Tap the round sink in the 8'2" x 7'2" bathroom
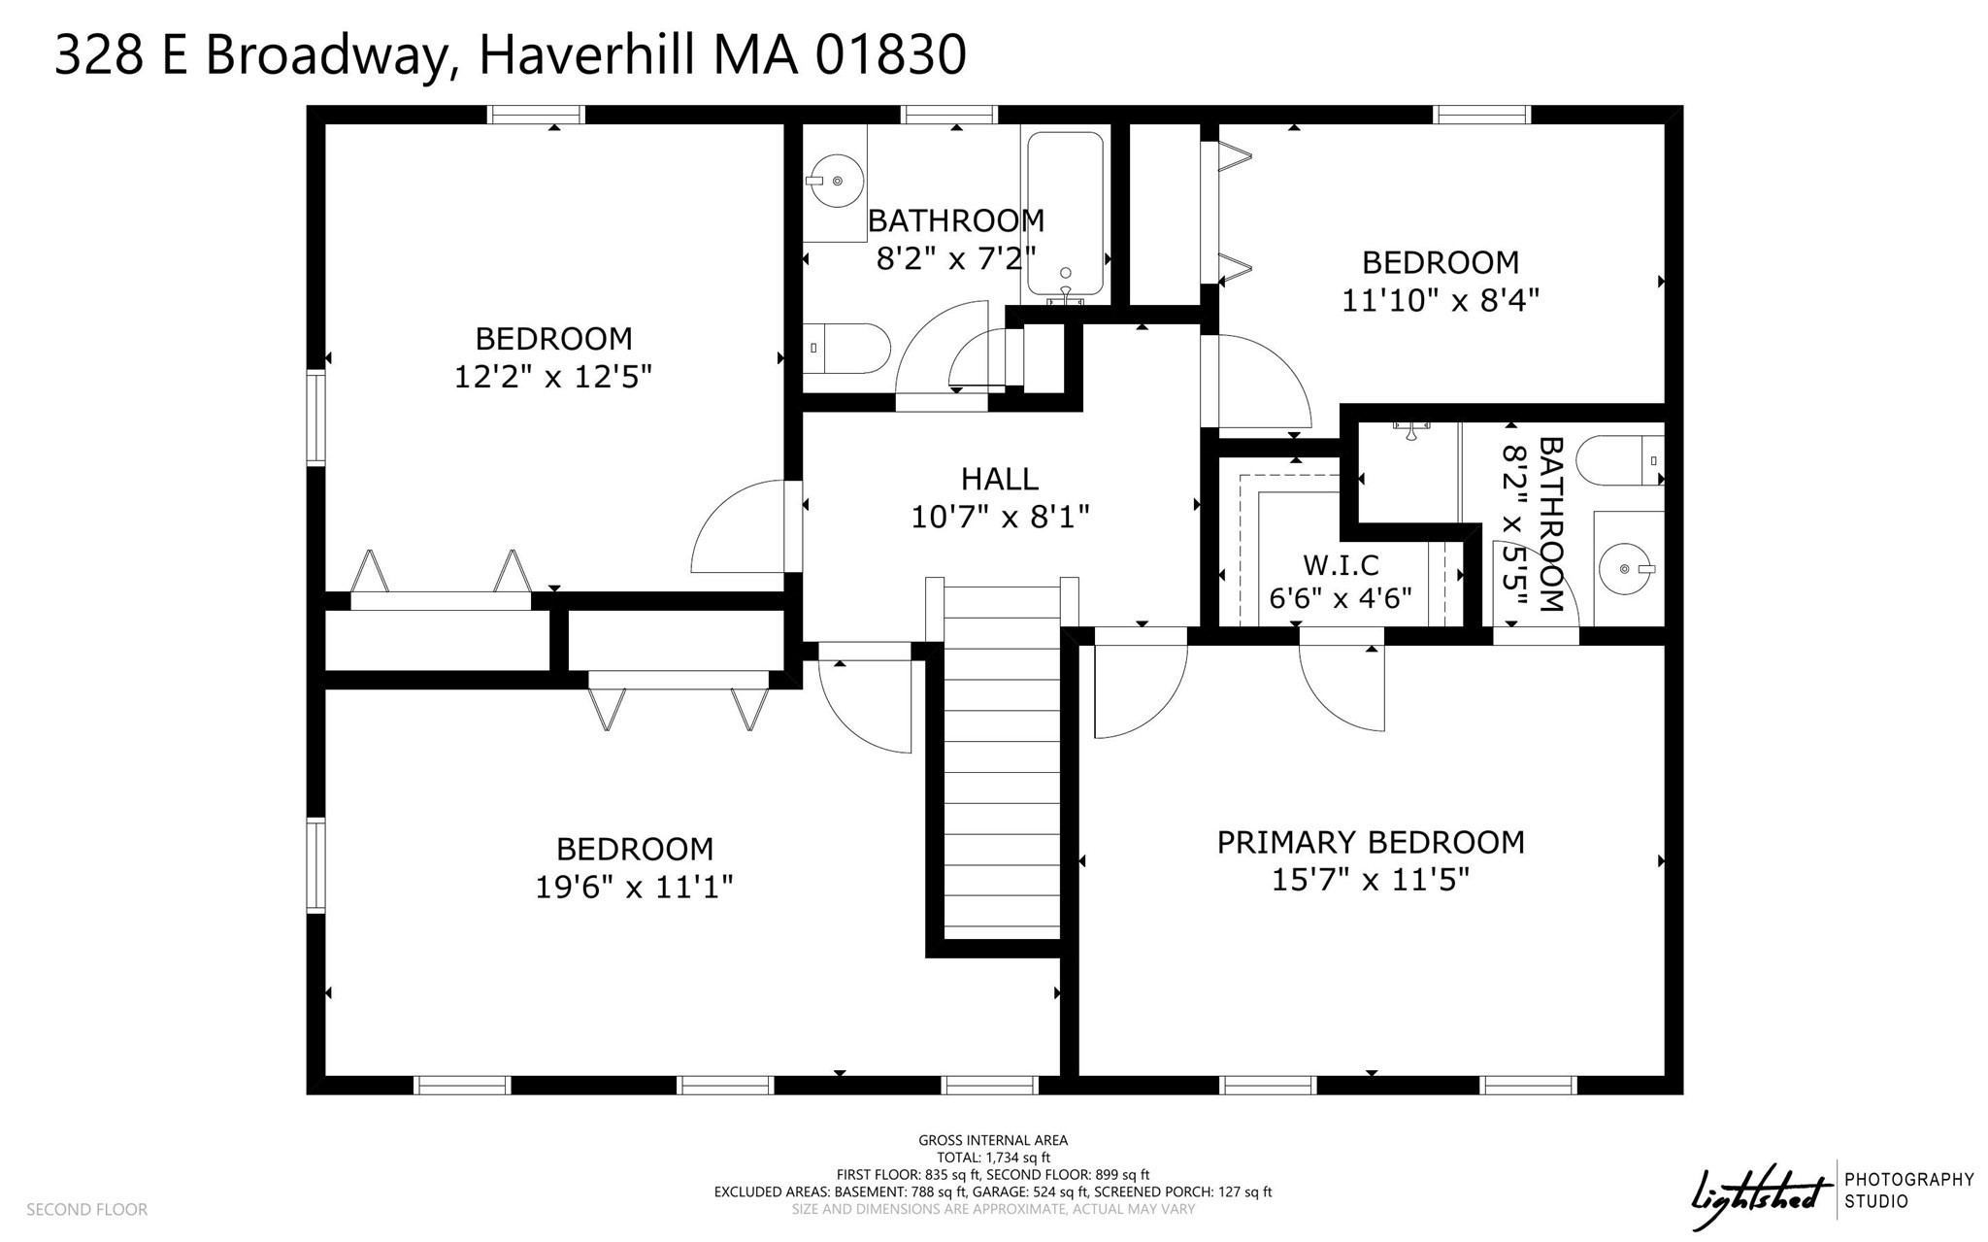coord(836,181)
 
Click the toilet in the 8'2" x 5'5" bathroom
coord(1619,461)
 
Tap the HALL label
coord(1000,479)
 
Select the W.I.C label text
coord(1341,565)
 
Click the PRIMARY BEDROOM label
coord(1371,842)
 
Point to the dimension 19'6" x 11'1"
coord(634,887)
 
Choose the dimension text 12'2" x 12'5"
coord(552,377)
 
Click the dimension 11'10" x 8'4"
coord(1441,300)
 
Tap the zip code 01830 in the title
coord(890,54)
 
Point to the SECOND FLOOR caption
coord(86,1209)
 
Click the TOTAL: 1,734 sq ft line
coord(992,1158)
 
